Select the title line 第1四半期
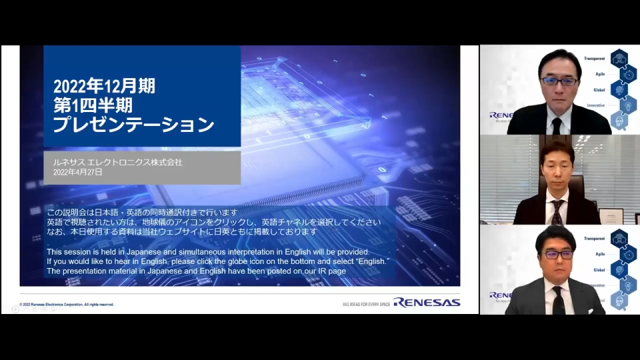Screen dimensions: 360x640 coord(93,105)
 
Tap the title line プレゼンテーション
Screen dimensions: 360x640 coord(133,125)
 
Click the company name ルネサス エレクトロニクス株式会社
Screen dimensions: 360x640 coord(117,162)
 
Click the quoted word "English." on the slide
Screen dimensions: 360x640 coord(369,261)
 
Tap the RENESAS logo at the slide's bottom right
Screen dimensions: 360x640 coord(427,302)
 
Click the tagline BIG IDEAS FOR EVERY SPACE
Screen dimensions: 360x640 coord(366,303)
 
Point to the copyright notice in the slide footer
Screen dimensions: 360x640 coord(67,304)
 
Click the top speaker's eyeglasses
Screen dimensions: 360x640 coord(559,81)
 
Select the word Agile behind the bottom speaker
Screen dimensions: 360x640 coord(599,254)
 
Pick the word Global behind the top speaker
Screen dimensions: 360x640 coord(599,89)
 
